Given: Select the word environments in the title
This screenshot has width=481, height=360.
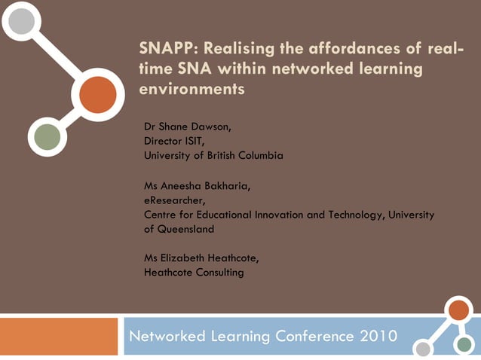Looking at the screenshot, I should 192,88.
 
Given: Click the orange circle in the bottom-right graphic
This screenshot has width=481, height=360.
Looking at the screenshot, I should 458,310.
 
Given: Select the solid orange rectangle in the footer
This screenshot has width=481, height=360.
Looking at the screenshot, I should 60,337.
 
